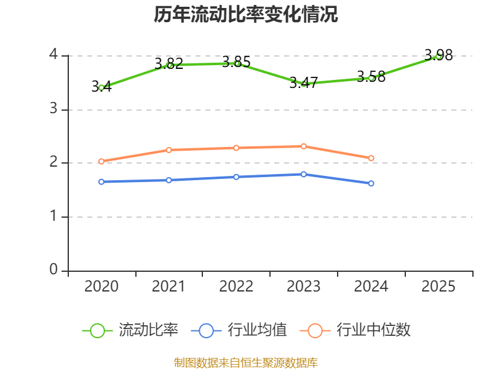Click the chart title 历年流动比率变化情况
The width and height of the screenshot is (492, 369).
click(x=245, y=14)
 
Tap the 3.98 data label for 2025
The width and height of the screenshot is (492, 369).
click(x=438, y=55)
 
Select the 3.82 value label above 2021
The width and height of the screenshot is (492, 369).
click(x=169, y=64)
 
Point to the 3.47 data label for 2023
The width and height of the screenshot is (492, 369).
click(x=303, y=83)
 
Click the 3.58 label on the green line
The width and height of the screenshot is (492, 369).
click(x=371, y=77)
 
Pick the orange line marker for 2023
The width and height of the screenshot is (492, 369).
click(x=303, y=146)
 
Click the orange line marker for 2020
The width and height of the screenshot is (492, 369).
click(x=101, y=161)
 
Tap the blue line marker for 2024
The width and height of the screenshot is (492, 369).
click(x=371, y=183)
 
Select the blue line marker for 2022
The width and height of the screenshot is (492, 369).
click(x=236, y=177)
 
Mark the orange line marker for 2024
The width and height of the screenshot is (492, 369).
click(x=371, y=158)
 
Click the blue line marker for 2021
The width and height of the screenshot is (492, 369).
click(x=169, y=180)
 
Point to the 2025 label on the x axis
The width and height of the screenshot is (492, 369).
click(x=438, y=286)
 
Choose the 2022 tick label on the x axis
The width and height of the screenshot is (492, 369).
click(x=236, y=286)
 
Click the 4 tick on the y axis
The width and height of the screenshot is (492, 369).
click(x=54, y=54)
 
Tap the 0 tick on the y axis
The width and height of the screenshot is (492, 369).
click(x=54, y=269)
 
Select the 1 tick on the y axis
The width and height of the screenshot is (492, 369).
click(x=54, y=216)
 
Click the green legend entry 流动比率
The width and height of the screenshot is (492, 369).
click(x=130, y=330)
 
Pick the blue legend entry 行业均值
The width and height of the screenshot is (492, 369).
click(x=239, y=330)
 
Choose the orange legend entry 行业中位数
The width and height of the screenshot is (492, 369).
click(x=355, y=330)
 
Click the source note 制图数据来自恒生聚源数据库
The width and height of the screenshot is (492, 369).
click(x=245, y=363)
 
